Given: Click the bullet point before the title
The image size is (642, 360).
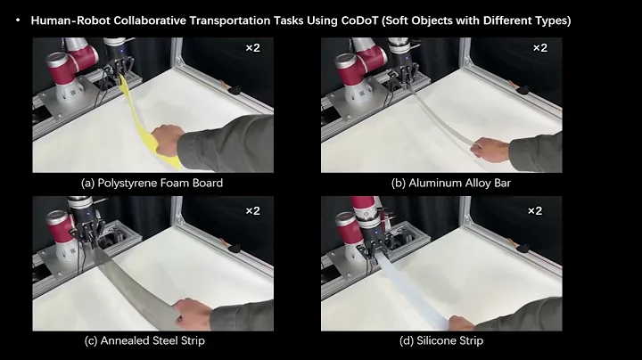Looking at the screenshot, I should click(x=18, y=20).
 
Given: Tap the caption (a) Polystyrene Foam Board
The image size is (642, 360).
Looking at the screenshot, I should click(x=152, y=184).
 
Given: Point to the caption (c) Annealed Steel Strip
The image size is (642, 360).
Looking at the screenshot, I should click(x=152, y=340).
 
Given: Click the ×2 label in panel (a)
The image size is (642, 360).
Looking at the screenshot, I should click(x=252, y=46).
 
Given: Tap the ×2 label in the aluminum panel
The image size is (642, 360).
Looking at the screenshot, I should click(x=541, y=46).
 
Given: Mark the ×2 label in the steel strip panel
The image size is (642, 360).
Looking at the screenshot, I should click(x=252, y=211).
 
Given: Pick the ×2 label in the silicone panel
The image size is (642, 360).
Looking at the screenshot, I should click(x=535, y=211).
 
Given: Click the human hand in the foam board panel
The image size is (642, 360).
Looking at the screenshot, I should click(x=167, y=143).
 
